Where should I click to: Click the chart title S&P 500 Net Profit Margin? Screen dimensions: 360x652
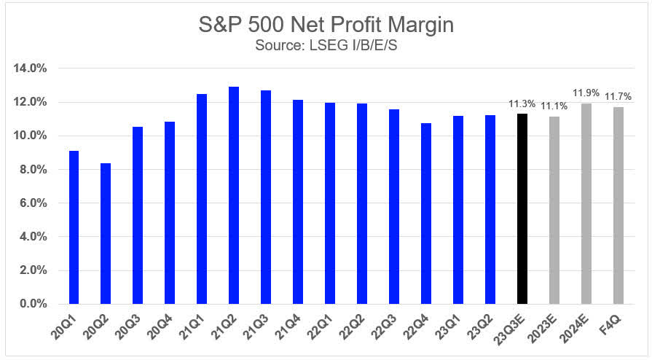(x=326, y=25)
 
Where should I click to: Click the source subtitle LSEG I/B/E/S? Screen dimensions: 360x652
(x=326, y=45)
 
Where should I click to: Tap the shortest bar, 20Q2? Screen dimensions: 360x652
(x=106, y=233)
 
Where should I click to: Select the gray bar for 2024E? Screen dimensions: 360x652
(x=586, y=203)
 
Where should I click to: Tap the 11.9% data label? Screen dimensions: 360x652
(x=586, y=93)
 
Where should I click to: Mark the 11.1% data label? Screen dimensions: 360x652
(x=554, y=107)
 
